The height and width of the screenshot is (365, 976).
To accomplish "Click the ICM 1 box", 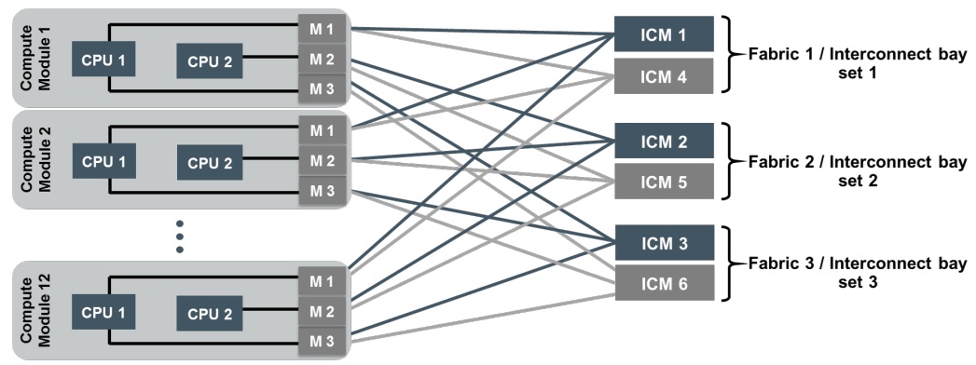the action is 664,34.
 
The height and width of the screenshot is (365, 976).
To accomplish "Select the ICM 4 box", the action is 664,75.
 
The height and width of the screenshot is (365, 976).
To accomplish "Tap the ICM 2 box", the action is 664,141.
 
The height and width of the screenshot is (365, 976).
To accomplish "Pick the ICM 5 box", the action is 664,182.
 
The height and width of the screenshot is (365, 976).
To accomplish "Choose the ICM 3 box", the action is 664,242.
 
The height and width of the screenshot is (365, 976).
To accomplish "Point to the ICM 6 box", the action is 664,283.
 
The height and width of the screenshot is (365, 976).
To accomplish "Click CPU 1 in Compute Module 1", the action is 103,60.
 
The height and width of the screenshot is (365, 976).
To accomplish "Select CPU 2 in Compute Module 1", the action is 210,61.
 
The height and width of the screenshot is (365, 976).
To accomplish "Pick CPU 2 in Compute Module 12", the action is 210,314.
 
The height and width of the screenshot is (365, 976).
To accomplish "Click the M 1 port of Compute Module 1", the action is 323,29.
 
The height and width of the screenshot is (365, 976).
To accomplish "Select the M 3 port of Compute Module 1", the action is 323,88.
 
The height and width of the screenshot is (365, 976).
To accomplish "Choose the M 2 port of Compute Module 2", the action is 323,161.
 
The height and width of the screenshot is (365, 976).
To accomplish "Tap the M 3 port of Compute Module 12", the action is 323,342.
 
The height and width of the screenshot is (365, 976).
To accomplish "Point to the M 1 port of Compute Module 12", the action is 323,282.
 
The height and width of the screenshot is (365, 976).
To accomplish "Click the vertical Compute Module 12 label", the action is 36,311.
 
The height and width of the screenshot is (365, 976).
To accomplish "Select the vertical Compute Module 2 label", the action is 36,158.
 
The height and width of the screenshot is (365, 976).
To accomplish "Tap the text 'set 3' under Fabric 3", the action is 857,282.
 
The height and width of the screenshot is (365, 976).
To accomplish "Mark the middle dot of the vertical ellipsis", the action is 180,237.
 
